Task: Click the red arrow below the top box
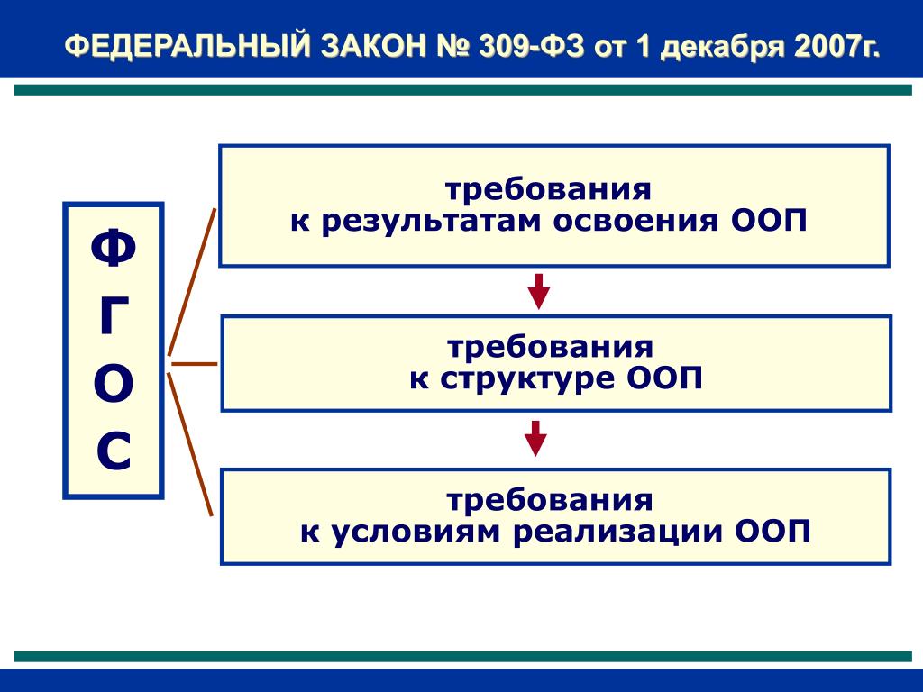click(538, 291)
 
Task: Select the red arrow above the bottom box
click(536, 438)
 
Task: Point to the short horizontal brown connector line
click(194, 364)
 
